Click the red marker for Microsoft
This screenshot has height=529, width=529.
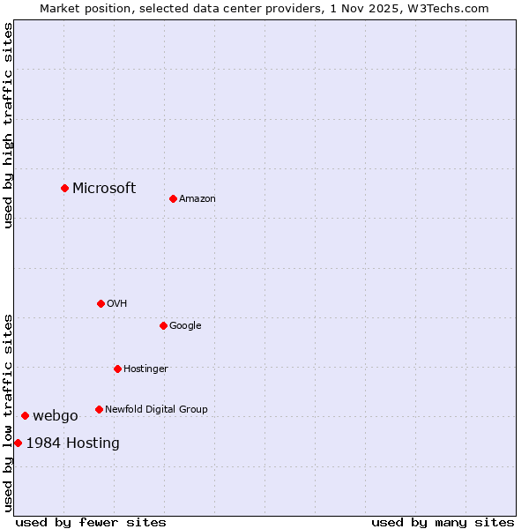coord(64,188)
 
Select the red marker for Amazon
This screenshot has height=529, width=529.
coord(173,198)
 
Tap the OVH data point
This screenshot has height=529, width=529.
coord(101,303)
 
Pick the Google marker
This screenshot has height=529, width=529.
coord(163,325)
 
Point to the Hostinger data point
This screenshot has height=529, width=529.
coord(117,369)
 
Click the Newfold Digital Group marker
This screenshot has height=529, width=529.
coord(99,409)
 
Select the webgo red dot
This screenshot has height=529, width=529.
coord(25,415)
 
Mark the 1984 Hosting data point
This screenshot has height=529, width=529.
coord(18,443)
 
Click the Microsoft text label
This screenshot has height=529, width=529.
coord(104,188)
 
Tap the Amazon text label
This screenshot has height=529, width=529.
coord(197,199)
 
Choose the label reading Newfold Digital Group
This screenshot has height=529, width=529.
coord(156,409)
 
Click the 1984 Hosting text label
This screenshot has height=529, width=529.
coord(73,443)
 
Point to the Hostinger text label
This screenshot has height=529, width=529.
coord(145,369)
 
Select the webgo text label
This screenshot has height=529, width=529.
coord(56,416)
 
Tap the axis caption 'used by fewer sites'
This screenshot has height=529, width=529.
coord(91,522)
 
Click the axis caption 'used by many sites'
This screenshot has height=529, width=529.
coord(443,522)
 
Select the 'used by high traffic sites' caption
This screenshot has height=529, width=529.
coord(8,125)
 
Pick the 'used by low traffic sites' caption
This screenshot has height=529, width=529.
coord(8,412)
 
